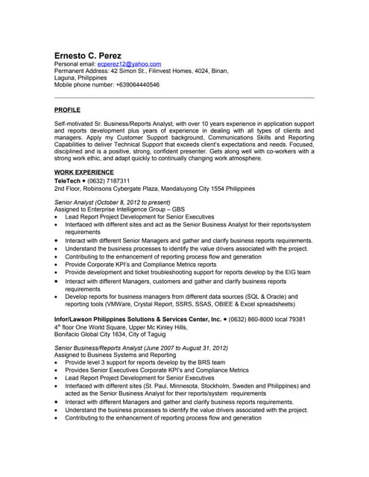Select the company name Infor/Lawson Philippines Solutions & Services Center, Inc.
tap(138, 319)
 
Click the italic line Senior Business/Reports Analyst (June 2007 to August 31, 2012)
tap(141, 348)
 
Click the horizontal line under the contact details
tap(184, 98)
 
